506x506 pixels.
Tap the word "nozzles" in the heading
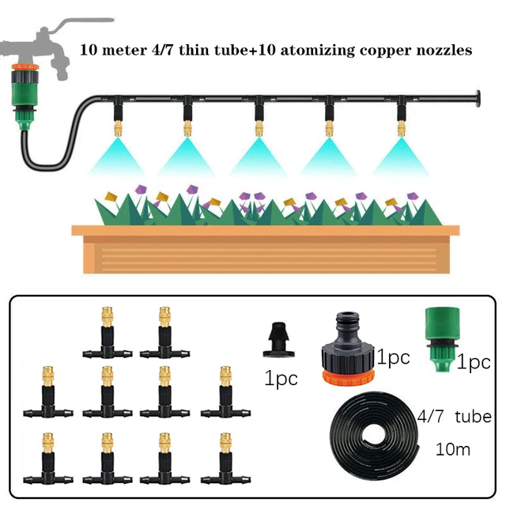tap(443, 50)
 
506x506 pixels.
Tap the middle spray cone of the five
tap(259, 154)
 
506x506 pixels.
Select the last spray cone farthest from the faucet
tap(400, 154)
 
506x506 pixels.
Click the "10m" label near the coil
tap(453, 450)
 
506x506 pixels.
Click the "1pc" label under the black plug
tap(281, 378)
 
